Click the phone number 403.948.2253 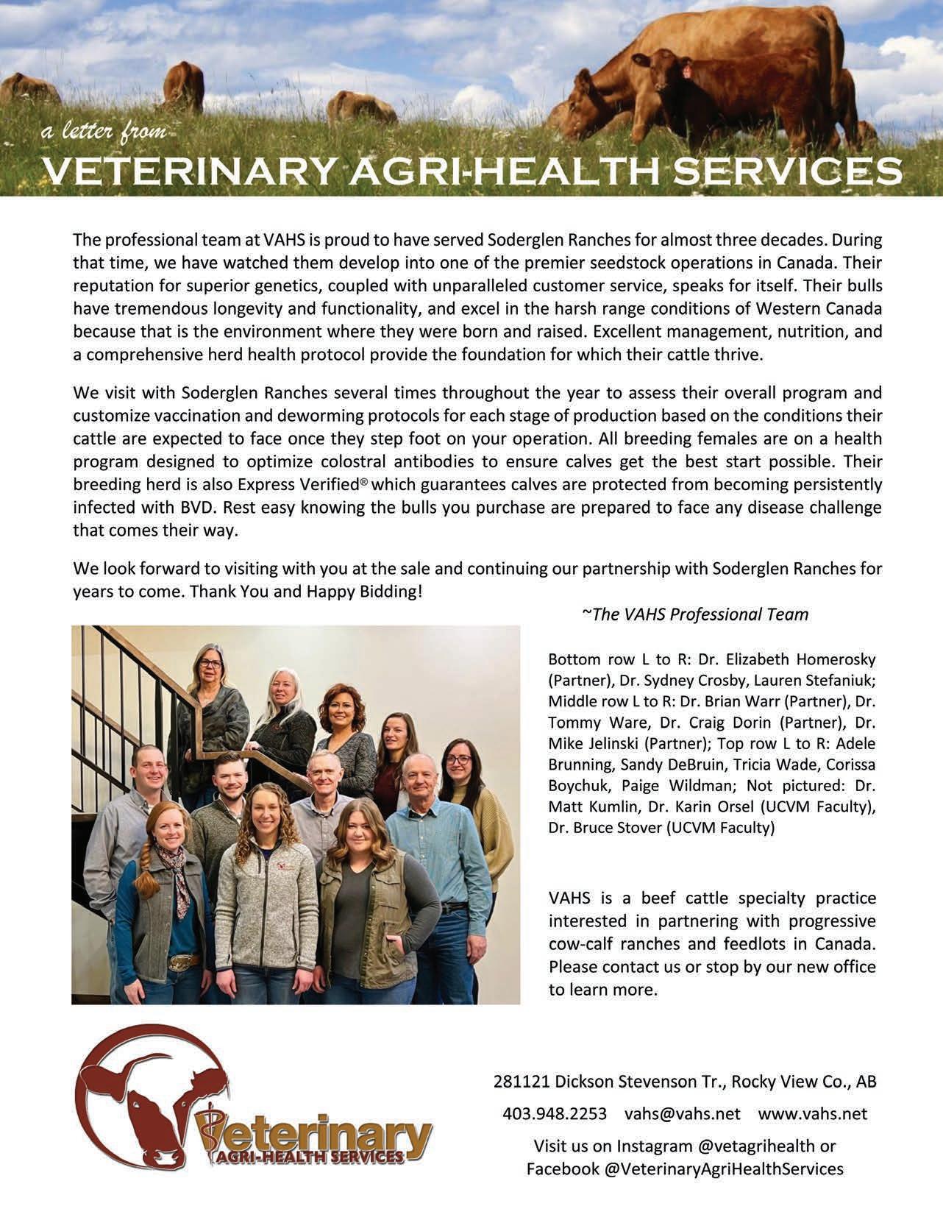(555, 1113)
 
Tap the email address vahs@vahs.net (682, 1113)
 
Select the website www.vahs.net (812, 1113)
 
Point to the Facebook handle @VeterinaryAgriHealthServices (723, 1168)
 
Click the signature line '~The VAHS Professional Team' (695, 614)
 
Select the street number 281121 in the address (522, 1082)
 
